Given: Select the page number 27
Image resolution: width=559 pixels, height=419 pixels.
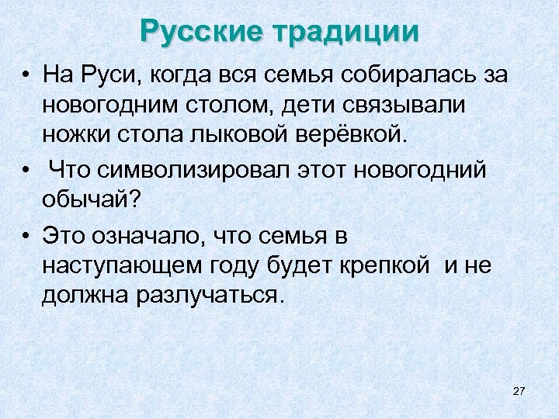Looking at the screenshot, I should (x=519, y=390).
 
